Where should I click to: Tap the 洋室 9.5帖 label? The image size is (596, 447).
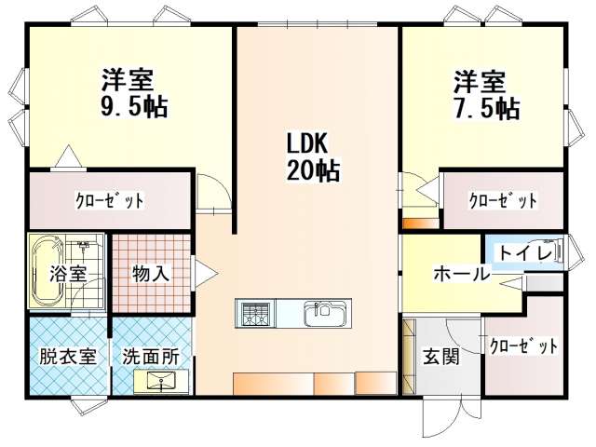coord(134,92)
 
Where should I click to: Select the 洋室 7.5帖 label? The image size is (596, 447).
coord(486,95)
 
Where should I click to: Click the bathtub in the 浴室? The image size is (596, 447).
coord(47,270)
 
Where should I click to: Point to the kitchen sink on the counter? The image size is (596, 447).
coord(325,313)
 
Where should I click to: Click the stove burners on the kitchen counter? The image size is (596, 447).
coord(254,314)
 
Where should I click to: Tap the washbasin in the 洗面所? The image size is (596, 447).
coord(161,381)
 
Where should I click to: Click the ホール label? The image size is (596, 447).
coord(462,273)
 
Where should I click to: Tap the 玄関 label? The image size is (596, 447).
coord(441,357)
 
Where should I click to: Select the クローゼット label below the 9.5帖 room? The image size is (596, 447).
coord(110,200)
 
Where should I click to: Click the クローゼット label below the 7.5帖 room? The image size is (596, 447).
coord(503,200)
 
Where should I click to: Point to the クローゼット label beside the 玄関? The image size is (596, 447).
coord(523,346)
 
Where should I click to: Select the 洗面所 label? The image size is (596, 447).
coord(151,357)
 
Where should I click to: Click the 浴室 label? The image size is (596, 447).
coord(68,273)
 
